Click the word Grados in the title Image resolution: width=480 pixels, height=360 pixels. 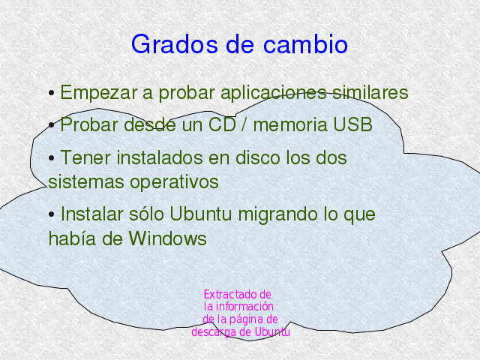pos(175,44)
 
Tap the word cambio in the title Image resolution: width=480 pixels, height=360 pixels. pos(305,44)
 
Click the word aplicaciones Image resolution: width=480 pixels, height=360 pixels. pos(273,93)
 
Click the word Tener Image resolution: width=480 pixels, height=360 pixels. pos(85,158)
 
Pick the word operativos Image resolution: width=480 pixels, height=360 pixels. pos(174,182)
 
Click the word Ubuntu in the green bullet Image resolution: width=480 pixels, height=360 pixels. pos(200,214)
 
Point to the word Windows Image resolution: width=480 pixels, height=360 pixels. pos(167,238)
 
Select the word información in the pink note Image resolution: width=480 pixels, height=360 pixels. pos(244,307)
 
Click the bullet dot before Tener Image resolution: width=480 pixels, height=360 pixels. pos(52,158)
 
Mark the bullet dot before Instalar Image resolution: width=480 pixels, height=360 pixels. pos(52,214)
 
